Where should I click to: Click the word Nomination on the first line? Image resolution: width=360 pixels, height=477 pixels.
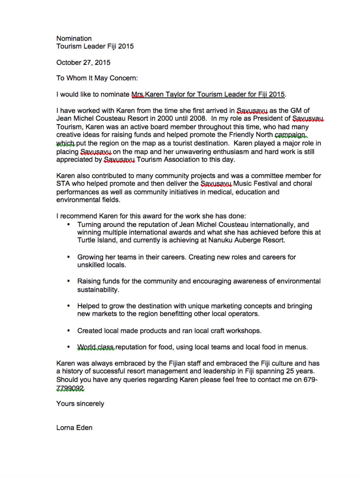tap(74, 39)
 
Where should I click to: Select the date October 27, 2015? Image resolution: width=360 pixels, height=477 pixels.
tap(83, 62)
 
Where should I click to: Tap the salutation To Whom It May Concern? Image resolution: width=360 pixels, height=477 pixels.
tap(97, 78)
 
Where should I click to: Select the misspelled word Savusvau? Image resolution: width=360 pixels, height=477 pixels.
tap(308, 119)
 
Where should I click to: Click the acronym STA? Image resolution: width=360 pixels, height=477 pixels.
tap(63, 184)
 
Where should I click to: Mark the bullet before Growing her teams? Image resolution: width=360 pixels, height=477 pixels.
tap(68, 257)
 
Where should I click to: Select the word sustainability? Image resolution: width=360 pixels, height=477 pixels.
tap(98, 289)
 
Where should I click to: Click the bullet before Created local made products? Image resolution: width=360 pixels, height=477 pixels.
tap(68, 331)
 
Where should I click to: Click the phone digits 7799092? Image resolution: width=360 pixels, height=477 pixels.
tap(70, 388)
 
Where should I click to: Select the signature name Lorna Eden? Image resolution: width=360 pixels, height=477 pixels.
tap(74, 428)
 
